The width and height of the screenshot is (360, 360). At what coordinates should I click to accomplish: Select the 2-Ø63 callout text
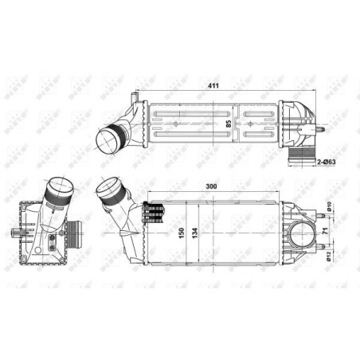point(329,162)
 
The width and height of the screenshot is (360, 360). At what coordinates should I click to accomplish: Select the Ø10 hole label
point(329,209)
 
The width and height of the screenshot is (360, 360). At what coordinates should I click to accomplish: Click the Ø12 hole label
point(329,256)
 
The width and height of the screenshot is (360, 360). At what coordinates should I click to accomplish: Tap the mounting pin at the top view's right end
point(323,127)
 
